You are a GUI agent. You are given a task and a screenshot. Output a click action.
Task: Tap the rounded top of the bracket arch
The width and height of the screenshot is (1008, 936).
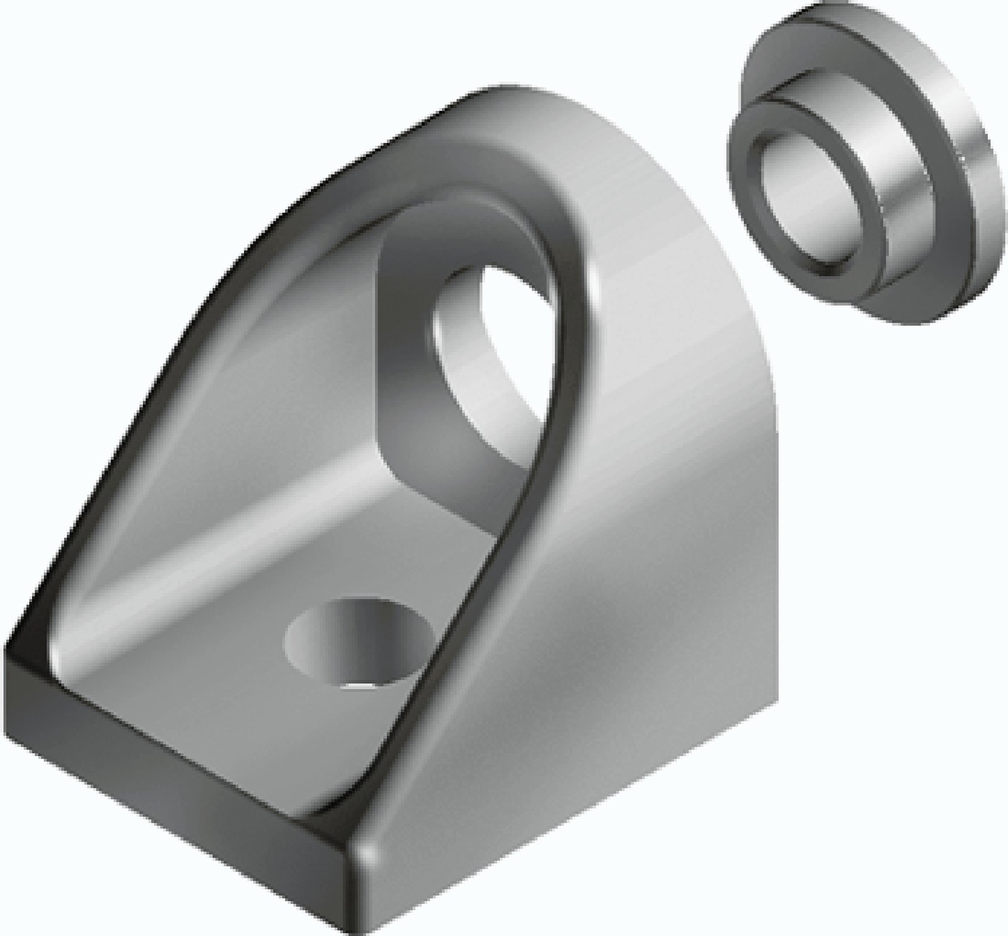pos(504,113)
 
